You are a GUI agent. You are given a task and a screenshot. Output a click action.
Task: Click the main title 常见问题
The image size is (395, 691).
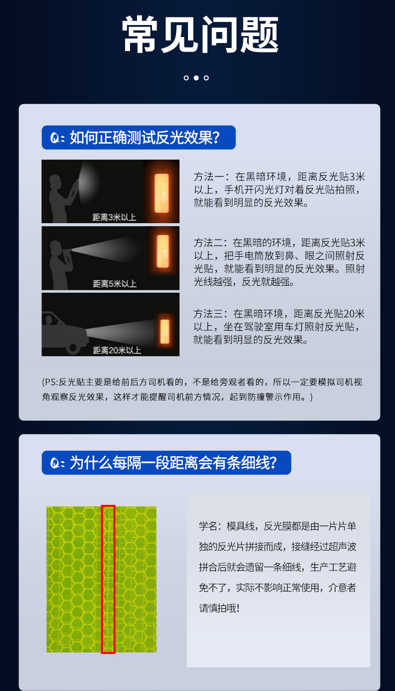pyautogui.click(x=200, y=35)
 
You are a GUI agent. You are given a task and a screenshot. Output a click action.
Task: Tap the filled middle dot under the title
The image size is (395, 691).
pyautogui.click(x=196, y=78)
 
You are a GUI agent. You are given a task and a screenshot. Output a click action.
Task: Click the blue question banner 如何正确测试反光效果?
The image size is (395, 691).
pyautogui.click(x=138, y=138)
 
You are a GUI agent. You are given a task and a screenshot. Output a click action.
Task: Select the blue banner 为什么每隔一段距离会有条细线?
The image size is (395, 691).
pyautogui.click(x=166, y=463)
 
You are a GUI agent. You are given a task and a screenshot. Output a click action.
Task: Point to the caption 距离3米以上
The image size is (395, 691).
pyautogui.click(x=114, y=217)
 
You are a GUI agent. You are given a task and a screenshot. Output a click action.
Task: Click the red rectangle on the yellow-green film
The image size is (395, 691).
pyautogui.click(x=108, y=579)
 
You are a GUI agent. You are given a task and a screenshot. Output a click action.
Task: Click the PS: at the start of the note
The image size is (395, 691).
pyautogui.click(x=50, y=382)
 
